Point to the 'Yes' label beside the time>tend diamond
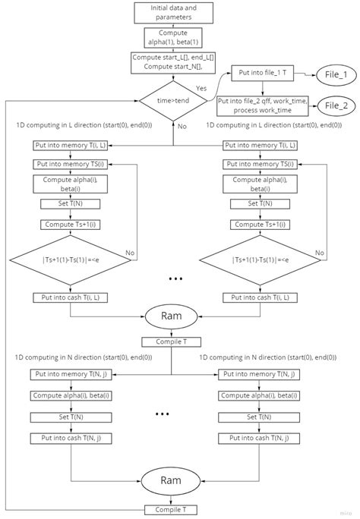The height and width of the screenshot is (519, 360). coord(201,88)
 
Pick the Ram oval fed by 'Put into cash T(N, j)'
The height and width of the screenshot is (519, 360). coord(171,480)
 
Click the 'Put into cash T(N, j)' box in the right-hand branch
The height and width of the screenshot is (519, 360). coord(258,438)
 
